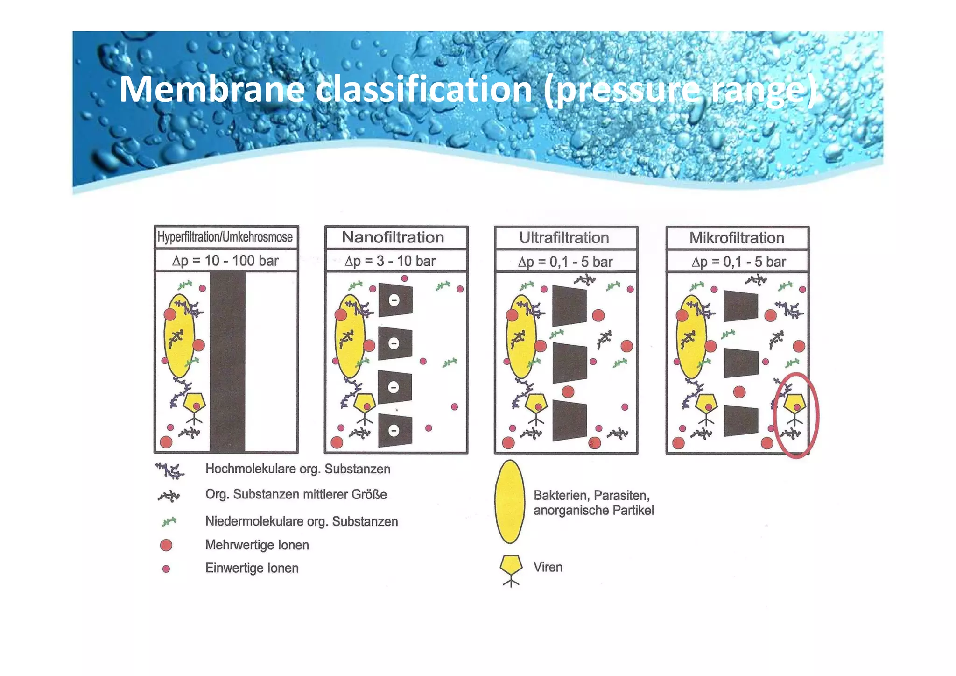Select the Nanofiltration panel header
[393, 237]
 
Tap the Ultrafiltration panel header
[564, 238]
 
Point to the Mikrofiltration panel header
[737, 238]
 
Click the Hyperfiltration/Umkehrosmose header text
[225, 237]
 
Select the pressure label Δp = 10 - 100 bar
[225, 261]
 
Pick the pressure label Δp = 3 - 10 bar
[390, 261]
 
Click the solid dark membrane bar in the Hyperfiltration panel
[227, 362]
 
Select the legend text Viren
[548, 567]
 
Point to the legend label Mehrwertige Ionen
[257, 545]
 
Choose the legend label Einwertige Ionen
[252, 568]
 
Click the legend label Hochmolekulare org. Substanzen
[298, 469]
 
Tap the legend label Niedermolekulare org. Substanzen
[302, 521]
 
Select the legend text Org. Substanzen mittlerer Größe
[296, 494]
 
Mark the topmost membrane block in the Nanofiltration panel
[395, 299]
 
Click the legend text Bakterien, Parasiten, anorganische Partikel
[593, 503]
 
